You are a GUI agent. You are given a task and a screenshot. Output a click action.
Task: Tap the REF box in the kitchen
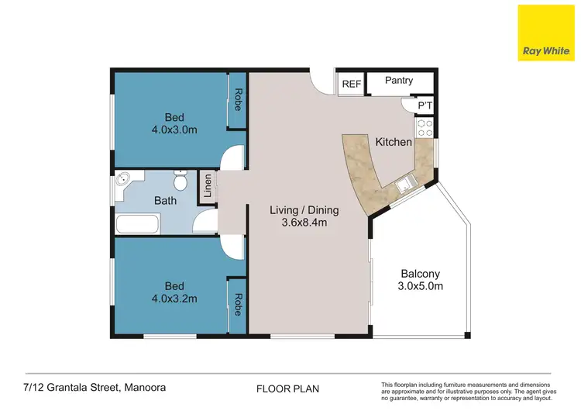point(351,84)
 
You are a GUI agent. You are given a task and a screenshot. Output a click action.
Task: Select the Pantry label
point(398,81)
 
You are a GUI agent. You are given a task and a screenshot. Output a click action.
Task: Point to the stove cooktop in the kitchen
point(425,128)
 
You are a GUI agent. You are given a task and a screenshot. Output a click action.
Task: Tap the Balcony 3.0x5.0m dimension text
point(421,287)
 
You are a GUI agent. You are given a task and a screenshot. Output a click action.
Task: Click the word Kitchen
point(394,143)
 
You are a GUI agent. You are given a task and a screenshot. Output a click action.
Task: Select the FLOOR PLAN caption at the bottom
point(287,388)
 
